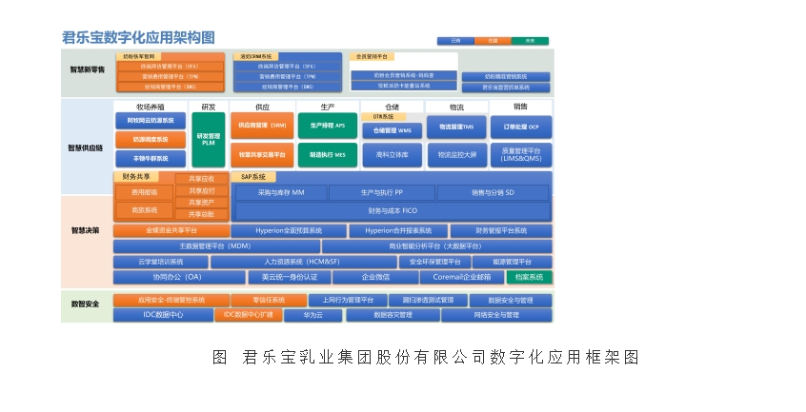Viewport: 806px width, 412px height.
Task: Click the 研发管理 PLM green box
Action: (208, 140)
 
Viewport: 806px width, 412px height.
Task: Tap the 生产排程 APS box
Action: (327, 125)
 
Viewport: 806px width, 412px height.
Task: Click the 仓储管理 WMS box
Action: (392, 130)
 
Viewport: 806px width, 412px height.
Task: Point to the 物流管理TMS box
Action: (456, 126)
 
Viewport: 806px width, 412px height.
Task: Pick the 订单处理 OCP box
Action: (520, 126)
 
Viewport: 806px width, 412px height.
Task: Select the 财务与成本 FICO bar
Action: (392, 210)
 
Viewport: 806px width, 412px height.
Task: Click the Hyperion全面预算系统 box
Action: (276, 230)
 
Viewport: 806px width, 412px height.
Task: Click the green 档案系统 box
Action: (529, 277)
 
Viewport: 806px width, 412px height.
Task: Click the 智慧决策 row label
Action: (86, 230)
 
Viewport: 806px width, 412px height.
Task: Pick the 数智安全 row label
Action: (86, 304)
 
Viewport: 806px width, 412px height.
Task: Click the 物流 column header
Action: (456, 108)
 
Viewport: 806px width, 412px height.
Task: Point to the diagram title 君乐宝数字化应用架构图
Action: (138, 37)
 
